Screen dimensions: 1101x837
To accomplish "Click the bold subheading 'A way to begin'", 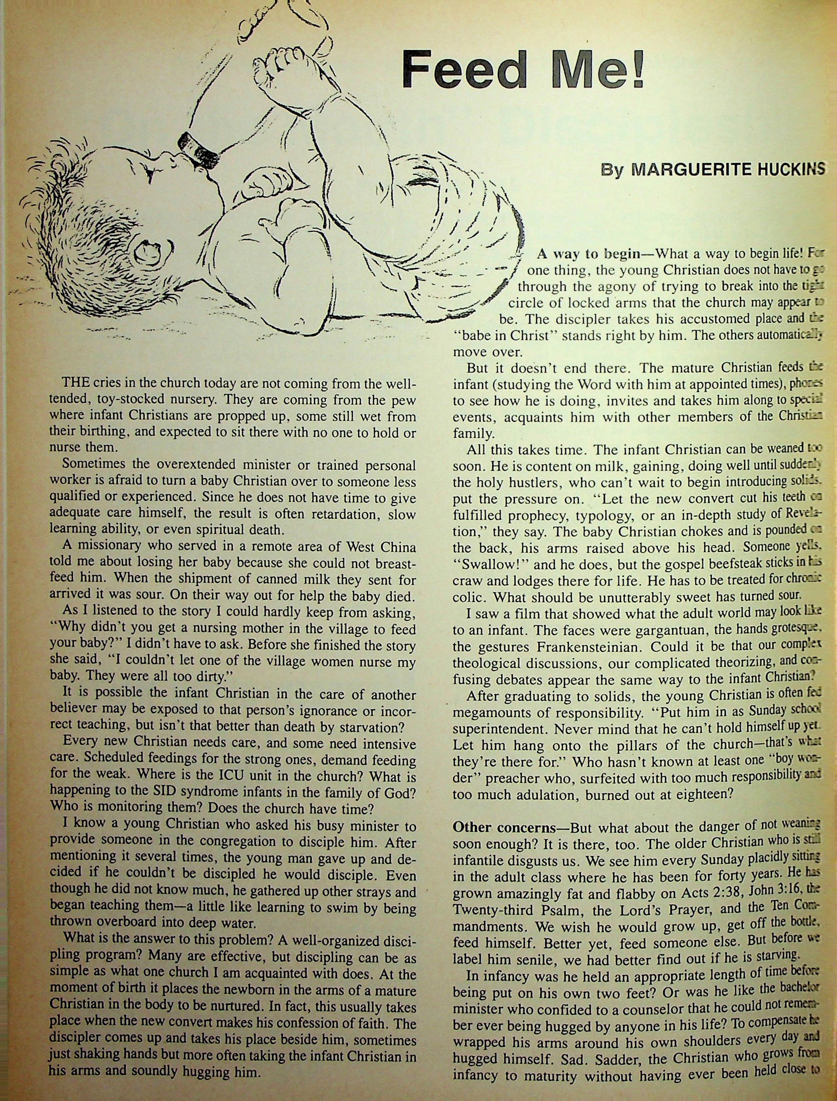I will tap(588, 254).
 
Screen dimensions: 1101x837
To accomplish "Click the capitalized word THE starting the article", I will tap(76, 384).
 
